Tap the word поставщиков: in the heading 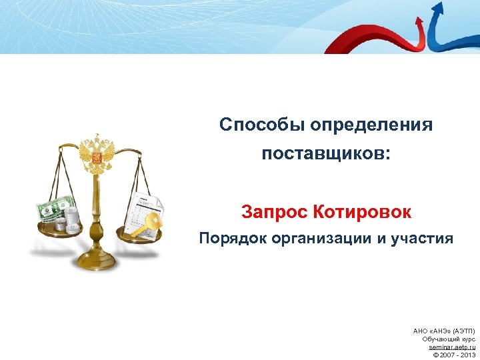point(326,155)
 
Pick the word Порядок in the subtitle point(228,239)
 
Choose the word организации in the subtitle point(318,239)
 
